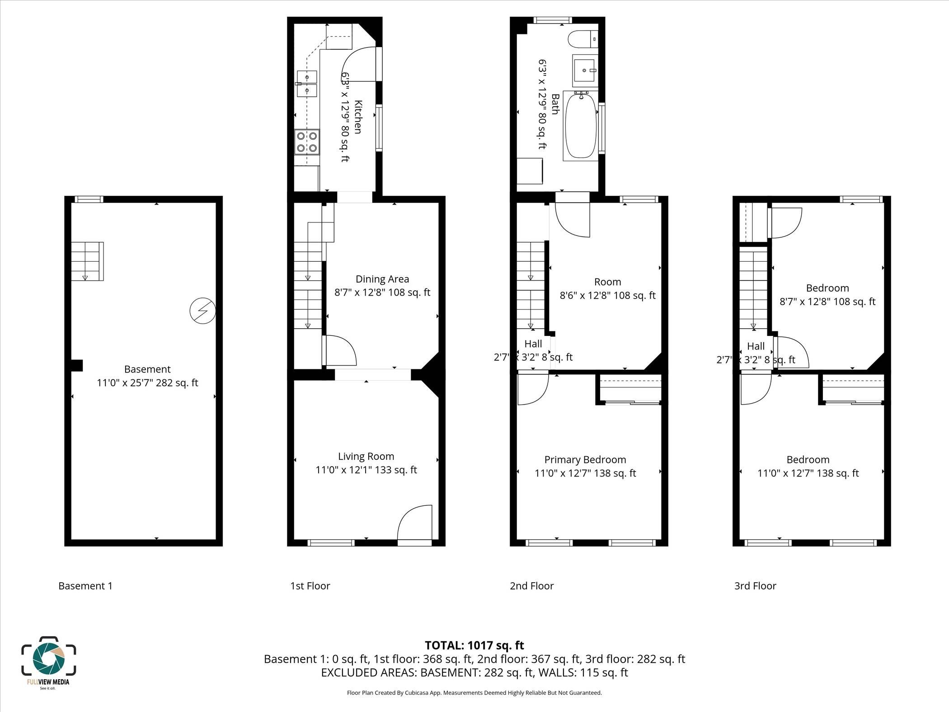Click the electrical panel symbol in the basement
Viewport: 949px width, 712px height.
tap(202, 311)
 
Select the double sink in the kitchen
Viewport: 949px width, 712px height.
tap(307, 84)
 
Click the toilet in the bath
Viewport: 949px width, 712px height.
tap(583, 39)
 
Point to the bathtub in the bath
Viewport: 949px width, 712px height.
tap(580, 125)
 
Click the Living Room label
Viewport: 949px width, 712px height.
tap(366, 457)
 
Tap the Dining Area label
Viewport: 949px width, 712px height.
tap(382, 279)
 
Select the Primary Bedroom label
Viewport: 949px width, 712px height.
tap(585, 460)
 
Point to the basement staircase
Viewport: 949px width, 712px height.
tap(87, 261)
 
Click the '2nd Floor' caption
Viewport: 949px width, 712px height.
tap(531, 586)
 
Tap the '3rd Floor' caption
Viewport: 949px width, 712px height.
tap(755, 586)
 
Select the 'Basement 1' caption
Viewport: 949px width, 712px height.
tap(85, 586)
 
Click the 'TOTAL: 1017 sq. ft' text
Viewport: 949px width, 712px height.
tap(474, 645)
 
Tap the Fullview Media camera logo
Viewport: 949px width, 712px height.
tap(49, 658)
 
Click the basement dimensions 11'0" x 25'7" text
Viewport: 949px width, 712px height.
tap(147, 383)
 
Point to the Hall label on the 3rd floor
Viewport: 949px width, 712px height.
tap(756, 346)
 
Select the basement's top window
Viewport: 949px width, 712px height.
tap(89, 199)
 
